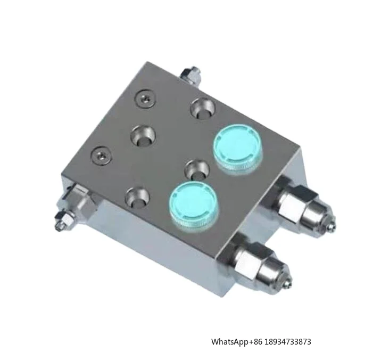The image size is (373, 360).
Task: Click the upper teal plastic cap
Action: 238,148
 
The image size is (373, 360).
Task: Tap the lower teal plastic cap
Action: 194,204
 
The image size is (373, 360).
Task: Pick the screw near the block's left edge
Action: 101,156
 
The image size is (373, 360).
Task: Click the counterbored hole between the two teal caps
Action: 197,170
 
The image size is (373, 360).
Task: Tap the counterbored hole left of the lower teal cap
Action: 137,197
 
